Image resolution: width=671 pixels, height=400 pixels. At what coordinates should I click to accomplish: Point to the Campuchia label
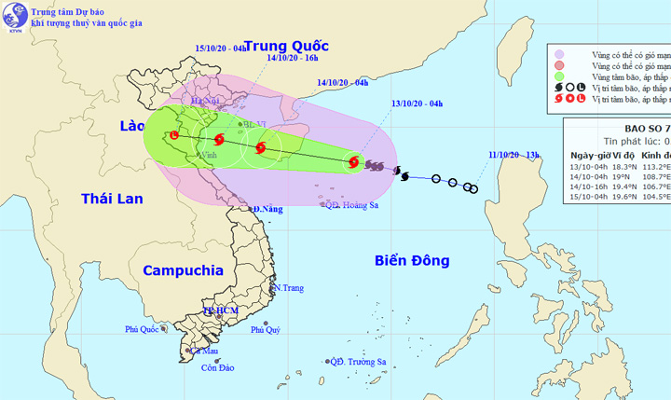[x=183, y=270]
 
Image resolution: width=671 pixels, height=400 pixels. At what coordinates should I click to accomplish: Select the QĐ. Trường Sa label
[x=362, y=362]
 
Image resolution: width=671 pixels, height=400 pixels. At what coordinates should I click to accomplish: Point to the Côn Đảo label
[x=217, y=368]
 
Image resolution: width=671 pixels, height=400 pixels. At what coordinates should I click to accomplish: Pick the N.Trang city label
[x=288, y=288]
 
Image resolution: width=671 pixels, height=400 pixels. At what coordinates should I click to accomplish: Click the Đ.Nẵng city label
[x=268, y=209]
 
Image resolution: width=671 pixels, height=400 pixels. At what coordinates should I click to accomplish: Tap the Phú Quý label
[x=265, y=330]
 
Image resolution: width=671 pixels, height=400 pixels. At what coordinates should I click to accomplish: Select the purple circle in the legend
[x=559, y=55]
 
